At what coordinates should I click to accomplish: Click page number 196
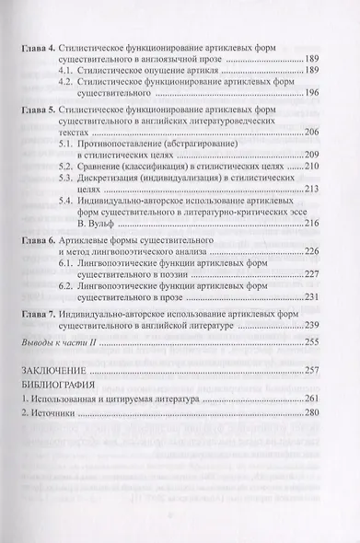pos(312,92)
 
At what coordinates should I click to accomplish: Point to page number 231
pos(312,295)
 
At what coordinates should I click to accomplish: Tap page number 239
pos(312,326)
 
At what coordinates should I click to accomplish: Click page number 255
pos(312,342)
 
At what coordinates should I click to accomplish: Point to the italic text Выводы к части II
pos(58,342)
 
